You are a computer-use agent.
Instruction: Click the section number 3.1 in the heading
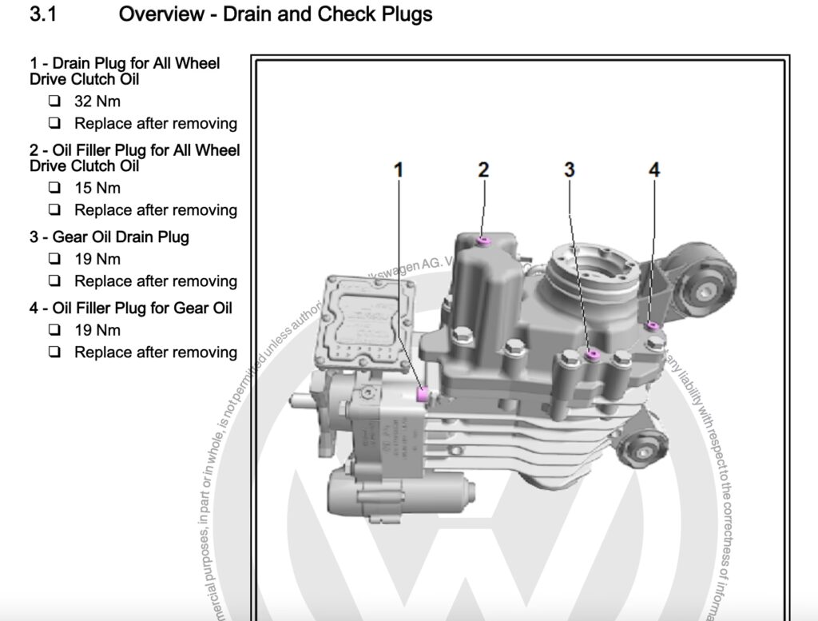coord(43,14)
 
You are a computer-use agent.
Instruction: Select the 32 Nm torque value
coord(97,102)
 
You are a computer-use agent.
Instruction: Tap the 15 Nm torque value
coord(97,189)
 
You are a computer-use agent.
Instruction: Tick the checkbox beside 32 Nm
coord(54,102)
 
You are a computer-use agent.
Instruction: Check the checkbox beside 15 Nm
coord(54,189)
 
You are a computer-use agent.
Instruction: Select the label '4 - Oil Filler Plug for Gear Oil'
coord(131,308)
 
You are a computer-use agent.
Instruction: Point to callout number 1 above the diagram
coord(399,169)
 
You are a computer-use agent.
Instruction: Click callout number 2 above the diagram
coord(483,169)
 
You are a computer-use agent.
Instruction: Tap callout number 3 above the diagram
coord(570,169)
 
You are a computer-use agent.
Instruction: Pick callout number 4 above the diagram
coord(654,169)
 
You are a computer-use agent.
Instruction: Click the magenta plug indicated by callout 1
coord(424,392)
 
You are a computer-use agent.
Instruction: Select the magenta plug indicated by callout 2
coord(482,241)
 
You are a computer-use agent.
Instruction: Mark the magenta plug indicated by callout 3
coord(592,354)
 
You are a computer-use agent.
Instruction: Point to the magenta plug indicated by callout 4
coord(653,325)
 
